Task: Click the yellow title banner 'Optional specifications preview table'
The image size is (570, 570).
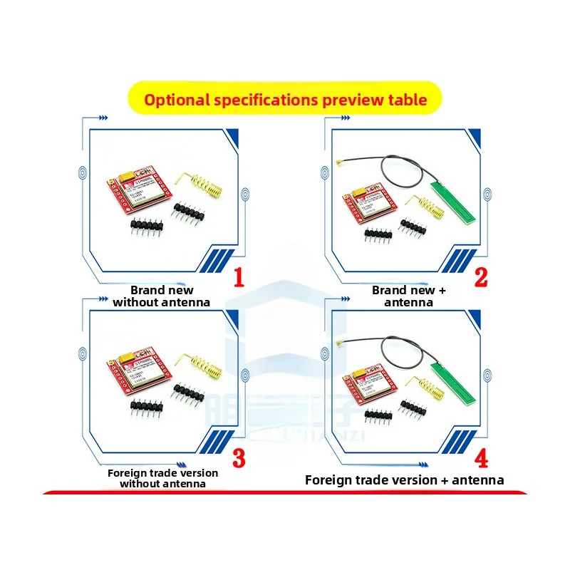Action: tap(285, 99)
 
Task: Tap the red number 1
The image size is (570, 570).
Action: tap(239, 276)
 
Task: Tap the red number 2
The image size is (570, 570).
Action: tap(482, 276)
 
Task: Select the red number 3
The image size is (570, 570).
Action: tap(239, 457)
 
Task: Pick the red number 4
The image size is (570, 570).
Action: tap(482, 457)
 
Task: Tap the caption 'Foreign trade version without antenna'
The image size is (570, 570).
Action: tap(162, 478)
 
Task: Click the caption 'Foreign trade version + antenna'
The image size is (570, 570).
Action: tap(404, 480)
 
